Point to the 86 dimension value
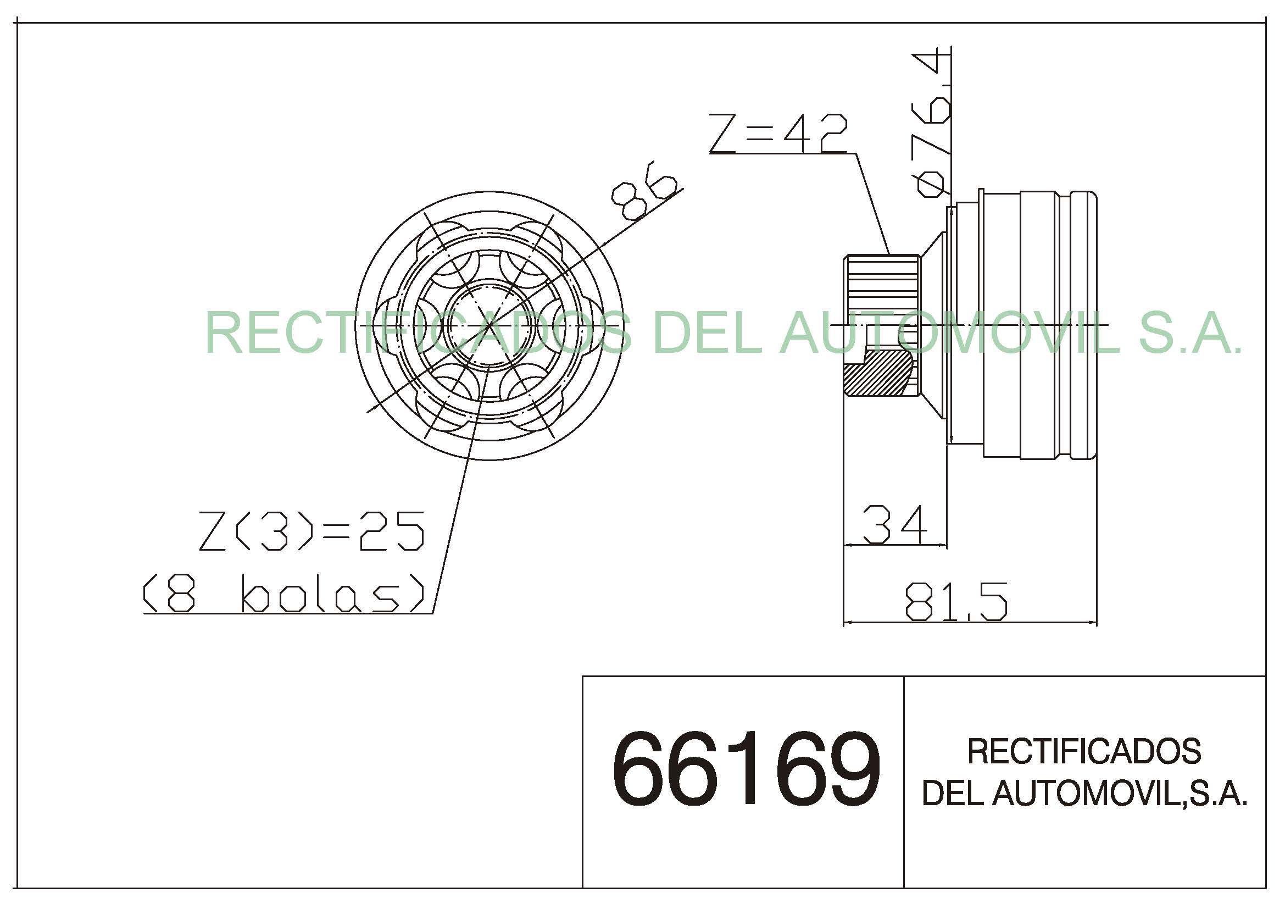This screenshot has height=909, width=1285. (x=644, y=190)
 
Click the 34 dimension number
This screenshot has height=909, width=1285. (x=894, y=524)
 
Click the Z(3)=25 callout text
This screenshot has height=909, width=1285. (x=311, y=531)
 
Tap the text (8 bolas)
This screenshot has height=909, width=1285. (x=283, y=594)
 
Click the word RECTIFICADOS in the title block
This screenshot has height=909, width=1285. (x=1084, y=752)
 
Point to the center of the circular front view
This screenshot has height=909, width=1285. (x=489, y=325)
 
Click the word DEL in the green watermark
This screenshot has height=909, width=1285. (x=707, y=334)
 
